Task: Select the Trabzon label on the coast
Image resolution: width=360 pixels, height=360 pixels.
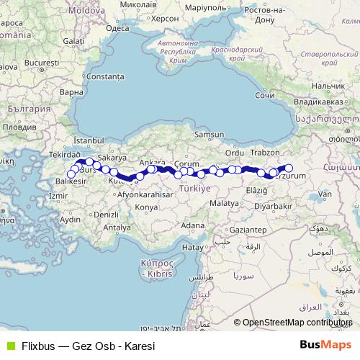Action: tap(270, 153)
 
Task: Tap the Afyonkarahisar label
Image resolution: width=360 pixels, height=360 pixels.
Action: tap(147, 194)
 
